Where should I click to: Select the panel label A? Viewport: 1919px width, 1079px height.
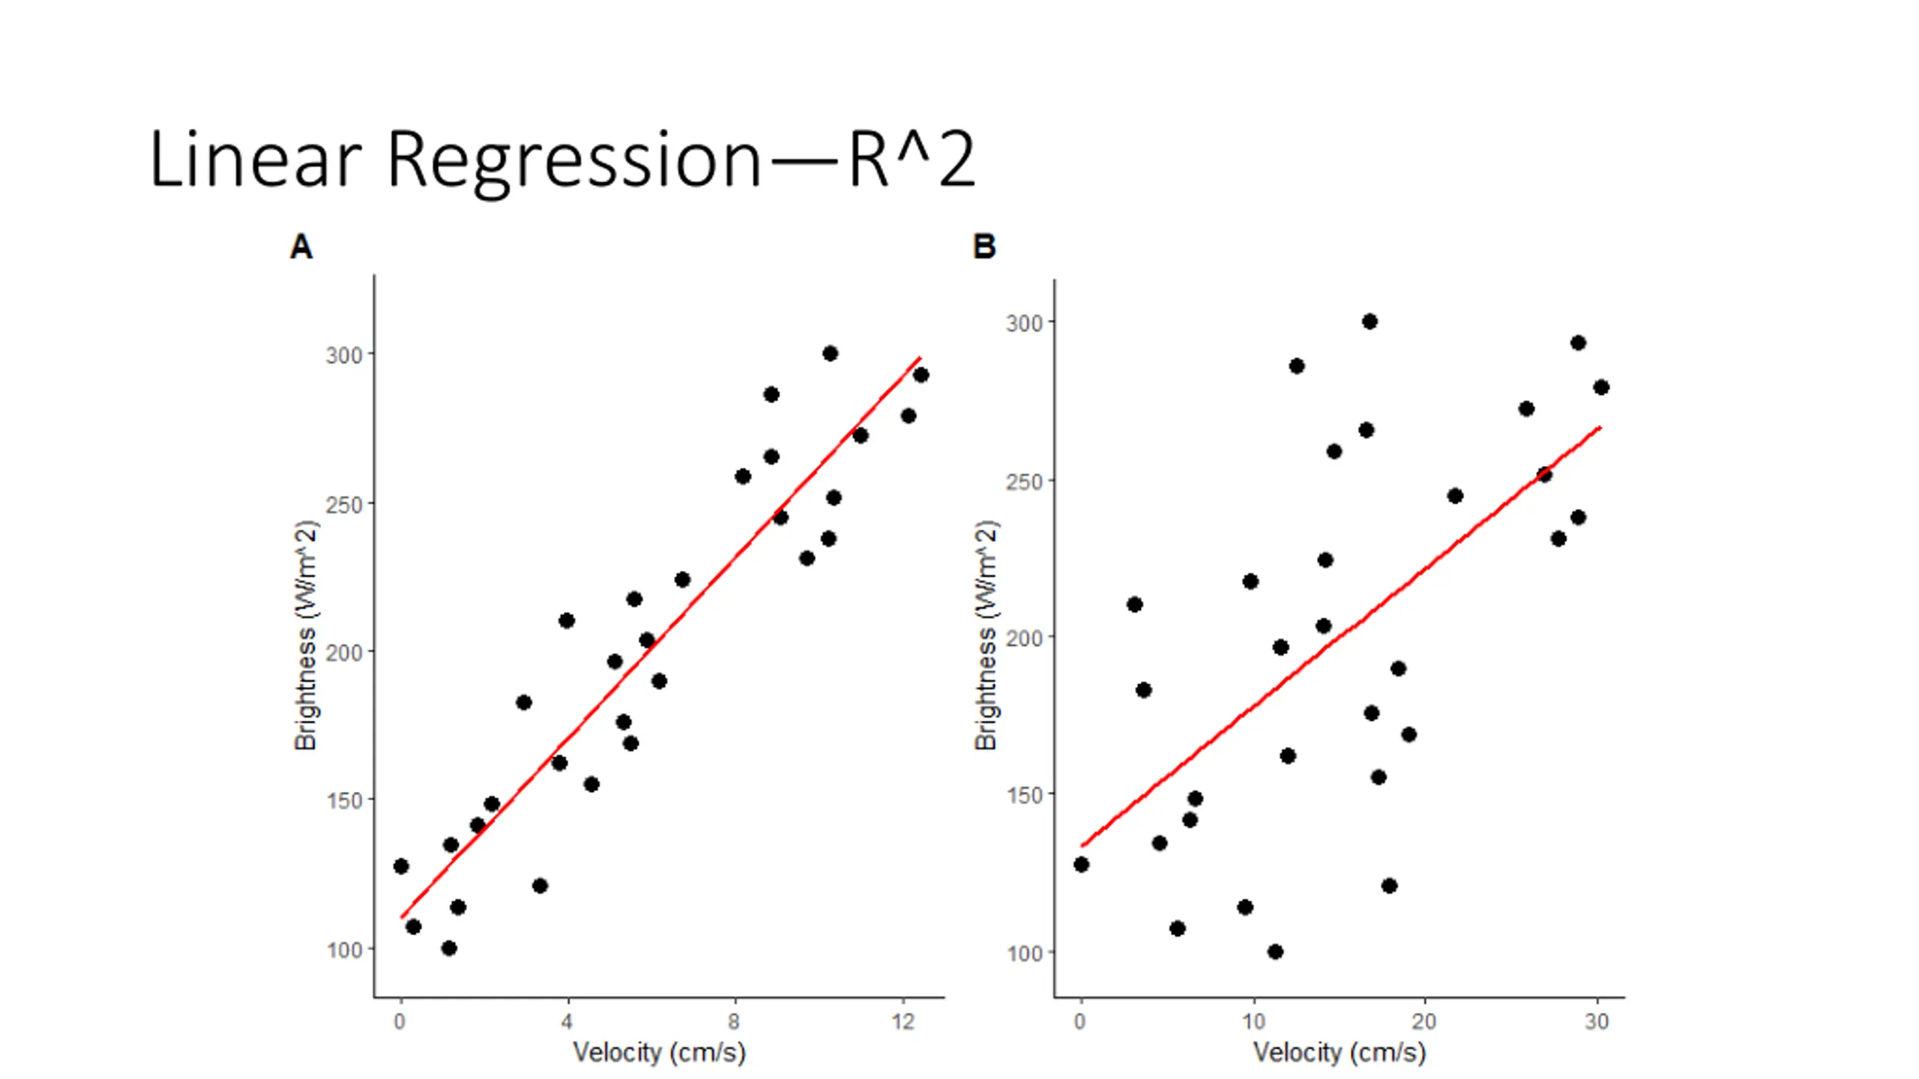[301, 247]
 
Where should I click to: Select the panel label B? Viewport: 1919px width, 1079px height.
[983, 247]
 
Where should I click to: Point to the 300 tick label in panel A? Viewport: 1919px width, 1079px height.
[344, 355]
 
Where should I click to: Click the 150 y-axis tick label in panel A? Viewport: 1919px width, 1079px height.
[344, 801]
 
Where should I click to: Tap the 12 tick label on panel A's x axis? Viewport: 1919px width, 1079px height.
[903, 1021]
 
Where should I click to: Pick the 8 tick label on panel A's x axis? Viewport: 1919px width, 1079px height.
[734, 1021]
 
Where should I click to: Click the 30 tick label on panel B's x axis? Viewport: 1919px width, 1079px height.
[1597, 1021]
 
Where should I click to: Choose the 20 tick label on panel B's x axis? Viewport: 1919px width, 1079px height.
[1424, 1021]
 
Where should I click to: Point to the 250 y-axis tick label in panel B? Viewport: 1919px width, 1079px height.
[1024, 482]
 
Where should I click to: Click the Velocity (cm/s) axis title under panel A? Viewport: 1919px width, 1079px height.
[659, 1053]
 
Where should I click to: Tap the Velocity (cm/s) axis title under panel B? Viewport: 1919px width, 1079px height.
[1339, 1053]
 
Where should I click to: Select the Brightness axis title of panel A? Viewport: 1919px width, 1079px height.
[306, 635]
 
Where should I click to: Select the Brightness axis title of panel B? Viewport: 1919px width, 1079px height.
[986, 635]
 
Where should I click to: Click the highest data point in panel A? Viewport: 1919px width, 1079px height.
[830, 354]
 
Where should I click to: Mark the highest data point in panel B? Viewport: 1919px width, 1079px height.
[1370, 321]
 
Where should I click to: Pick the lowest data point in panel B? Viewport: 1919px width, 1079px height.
[1275, 952]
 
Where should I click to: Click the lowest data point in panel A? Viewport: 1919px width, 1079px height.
[449, 948]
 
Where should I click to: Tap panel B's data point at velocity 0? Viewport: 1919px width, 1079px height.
[1081, 865]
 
